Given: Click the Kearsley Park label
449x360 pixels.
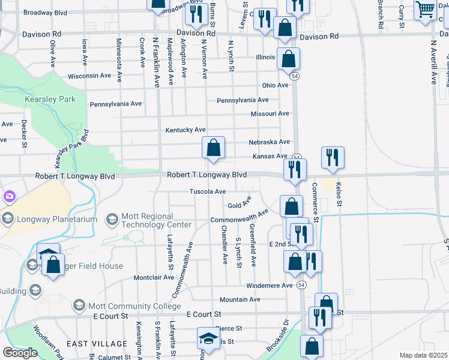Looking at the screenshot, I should (50, 99).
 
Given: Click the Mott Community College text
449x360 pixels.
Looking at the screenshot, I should (127, 306).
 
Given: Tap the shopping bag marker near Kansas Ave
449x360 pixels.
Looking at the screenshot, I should (214, 148).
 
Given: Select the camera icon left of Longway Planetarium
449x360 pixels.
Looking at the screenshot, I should (10, 196).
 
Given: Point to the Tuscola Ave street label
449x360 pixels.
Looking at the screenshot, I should (208, 191).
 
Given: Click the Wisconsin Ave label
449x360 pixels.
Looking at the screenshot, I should (89, 76).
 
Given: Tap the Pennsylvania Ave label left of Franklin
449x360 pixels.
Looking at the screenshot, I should (116, 104).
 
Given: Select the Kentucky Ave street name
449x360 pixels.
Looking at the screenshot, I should (186, 130).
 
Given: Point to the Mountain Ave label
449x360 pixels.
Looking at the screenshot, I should (240, 299).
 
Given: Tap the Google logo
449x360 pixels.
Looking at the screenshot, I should (20, 353).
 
